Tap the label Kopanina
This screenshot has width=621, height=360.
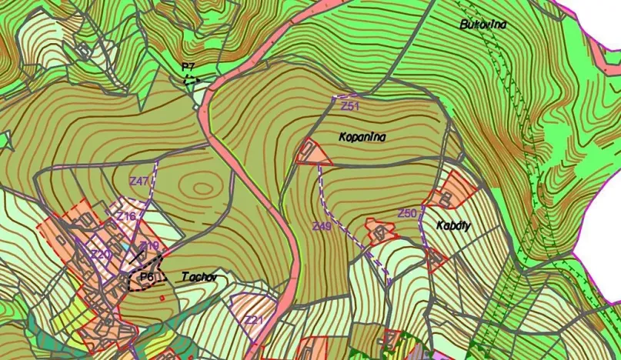362,137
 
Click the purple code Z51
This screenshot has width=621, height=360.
351,105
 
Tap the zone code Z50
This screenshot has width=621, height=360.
407,212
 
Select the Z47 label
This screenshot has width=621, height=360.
139,181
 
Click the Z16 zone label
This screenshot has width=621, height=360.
126,217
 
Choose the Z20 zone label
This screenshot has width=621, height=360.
101,255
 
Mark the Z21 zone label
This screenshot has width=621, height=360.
254,320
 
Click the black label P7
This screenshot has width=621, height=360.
189,68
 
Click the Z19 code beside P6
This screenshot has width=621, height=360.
149,246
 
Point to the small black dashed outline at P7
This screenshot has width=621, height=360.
191,78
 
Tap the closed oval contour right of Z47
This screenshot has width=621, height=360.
203,187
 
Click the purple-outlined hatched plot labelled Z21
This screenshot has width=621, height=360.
252,312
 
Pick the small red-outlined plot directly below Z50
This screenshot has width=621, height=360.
436,260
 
